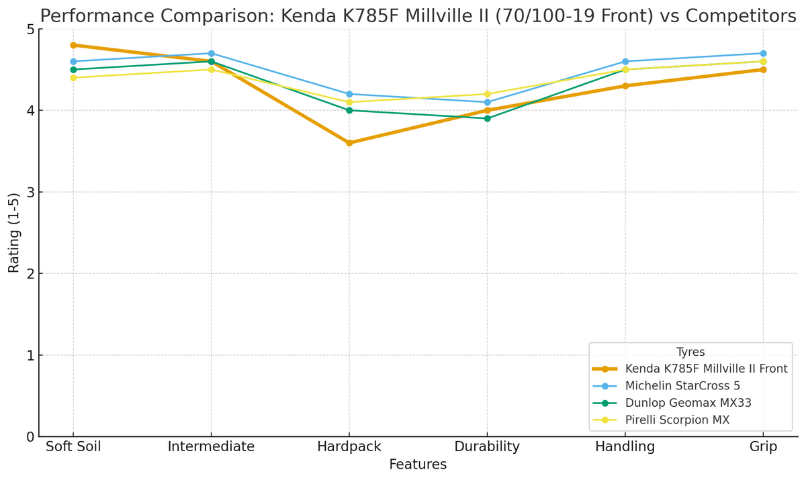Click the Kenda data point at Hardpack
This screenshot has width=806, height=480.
pos(349,143)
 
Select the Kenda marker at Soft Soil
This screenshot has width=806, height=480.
pos(73,45)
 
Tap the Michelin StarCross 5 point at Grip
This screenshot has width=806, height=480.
pos(763,53)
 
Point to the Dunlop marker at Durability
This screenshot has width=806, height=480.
pos(487,118)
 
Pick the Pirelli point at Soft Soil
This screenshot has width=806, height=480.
pos(73,78)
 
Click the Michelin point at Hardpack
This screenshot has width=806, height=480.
pos(349,94)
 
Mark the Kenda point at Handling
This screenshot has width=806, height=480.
pos(625,86)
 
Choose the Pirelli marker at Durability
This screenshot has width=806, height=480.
pos(487,94)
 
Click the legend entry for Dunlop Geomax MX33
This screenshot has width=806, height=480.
pos(688,403)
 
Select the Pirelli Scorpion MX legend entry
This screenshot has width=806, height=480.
pos(677,420)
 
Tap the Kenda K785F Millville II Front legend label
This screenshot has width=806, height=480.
pos(706,369)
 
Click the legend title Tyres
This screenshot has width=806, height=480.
pos(690,352)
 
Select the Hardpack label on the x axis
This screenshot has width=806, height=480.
pos(349,447)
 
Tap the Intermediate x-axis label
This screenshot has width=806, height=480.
pos(211,447)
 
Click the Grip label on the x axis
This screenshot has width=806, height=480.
pos(763,447)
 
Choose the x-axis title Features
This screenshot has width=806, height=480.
pos(418,465)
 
